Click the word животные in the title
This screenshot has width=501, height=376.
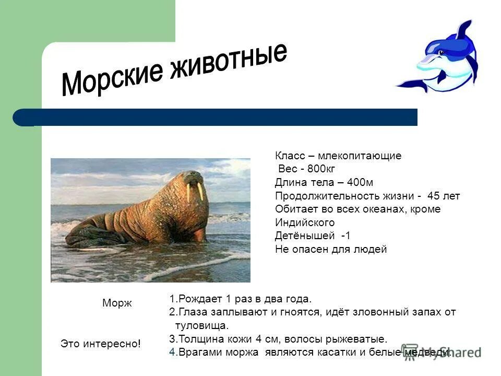coord(233,61)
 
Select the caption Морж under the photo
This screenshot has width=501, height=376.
coord(117,303)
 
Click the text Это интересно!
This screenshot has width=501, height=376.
coord(101,344)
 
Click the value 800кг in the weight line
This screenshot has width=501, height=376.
coord(321,169)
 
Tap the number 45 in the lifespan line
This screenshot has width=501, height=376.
coord(433,196)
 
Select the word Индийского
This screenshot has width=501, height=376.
coord(305,222)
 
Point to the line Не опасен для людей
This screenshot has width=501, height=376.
coord(331,249)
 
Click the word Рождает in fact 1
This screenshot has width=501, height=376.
coord(201,299)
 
